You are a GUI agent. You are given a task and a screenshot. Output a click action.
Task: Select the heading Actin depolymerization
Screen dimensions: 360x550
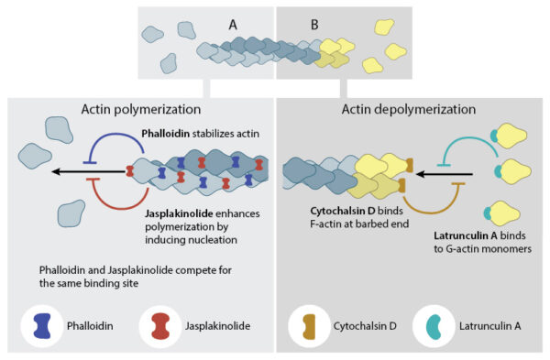(409, 109)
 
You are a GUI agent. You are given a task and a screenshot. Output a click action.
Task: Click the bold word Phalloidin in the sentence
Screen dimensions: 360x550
(166, 134)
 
